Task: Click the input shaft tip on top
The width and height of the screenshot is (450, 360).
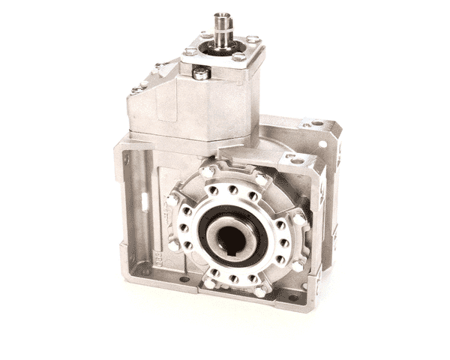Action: (x=222, y=16)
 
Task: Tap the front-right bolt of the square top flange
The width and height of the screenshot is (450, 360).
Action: (x=238, y=57)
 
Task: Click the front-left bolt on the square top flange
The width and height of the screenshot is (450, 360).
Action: (x=190, y=52)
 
